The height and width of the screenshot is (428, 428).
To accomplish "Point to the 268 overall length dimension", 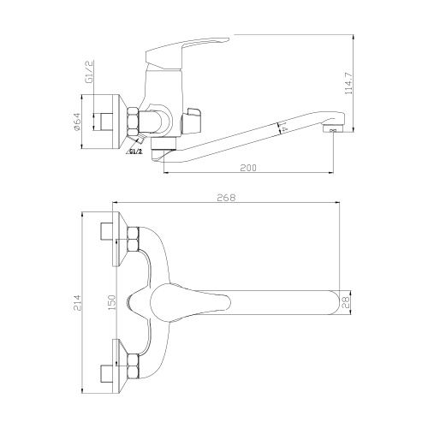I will tap(226, 199).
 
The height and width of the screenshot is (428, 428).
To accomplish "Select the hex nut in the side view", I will tap(134, 121).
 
